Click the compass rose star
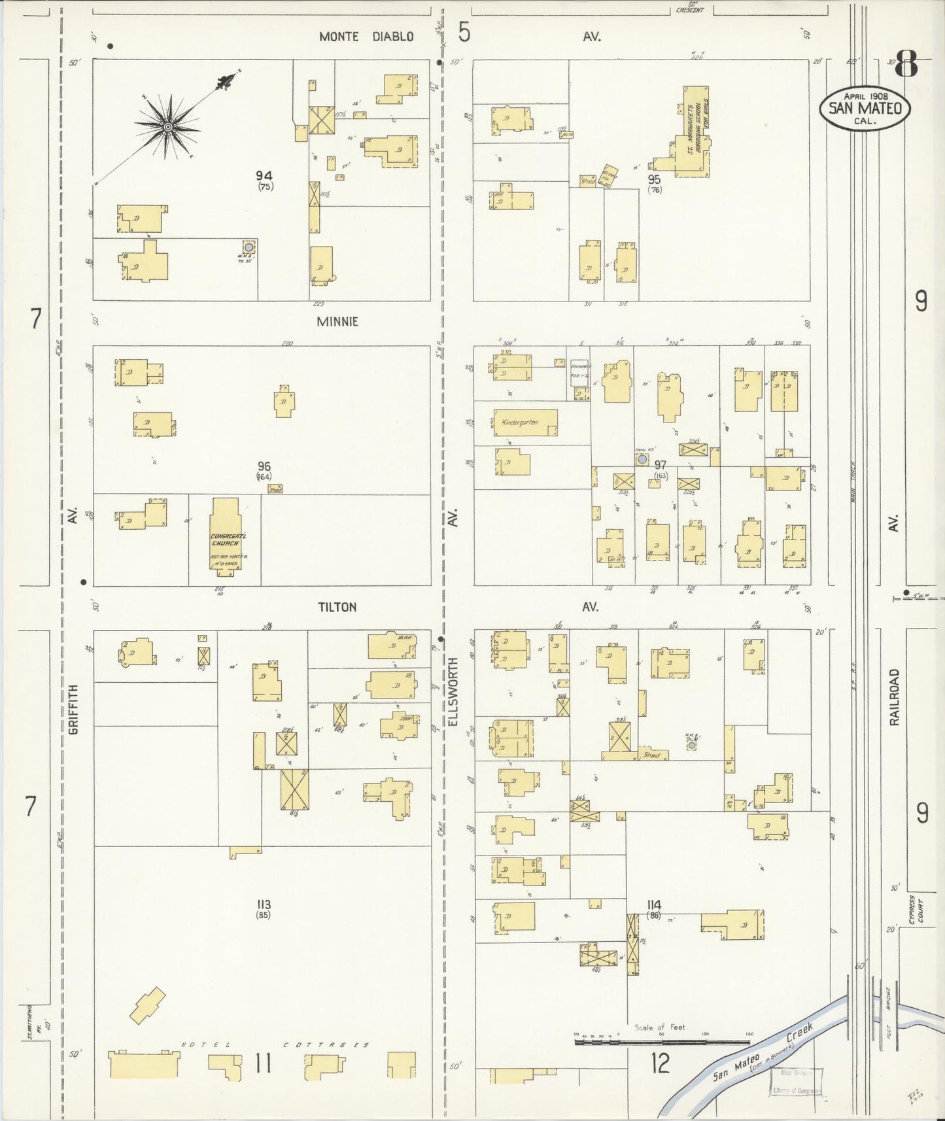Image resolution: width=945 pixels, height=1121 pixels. (167, 126)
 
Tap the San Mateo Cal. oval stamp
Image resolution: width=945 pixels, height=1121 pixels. (865, 108)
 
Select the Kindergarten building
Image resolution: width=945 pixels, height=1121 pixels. (525, 423)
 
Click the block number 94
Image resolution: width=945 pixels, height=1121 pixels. (264, 175)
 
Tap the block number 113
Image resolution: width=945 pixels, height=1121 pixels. (264, 905)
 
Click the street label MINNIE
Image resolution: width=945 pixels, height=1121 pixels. (337, 322)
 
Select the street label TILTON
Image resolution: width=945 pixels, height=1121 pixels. (337, 607)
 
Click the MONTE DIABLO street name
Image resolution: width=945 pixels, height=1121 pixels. (366, 37)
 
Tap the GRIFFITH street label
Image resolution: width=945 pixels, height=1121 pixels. (73, 709)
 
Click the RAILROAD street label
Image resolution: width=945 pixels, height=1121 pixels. (895, 697)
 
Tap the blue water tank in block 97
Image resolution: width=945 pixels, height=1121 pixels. (642, 460)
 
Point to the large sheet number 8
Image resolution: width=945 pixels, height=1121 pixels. (906, 65)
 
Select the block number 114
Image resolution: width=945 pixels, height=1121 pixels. (653, 905)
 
